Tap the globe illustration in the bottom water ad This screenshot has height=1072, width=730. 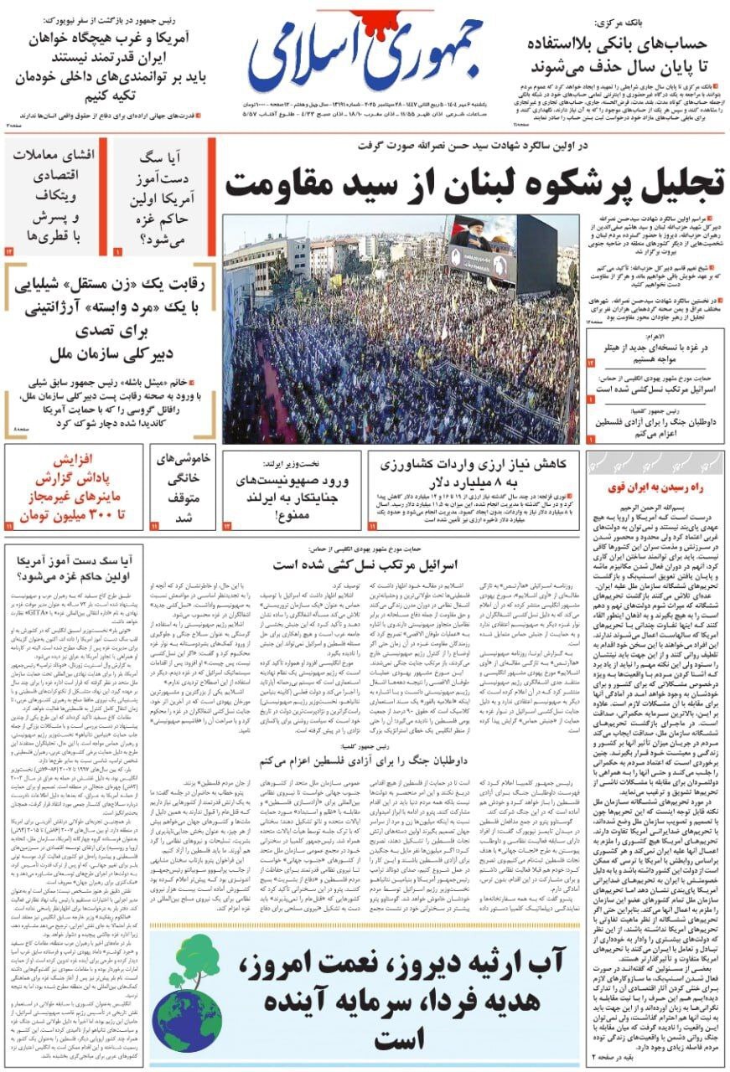(187, 993)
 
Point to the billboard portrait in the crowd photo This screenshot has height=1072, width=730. (483, 249)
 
